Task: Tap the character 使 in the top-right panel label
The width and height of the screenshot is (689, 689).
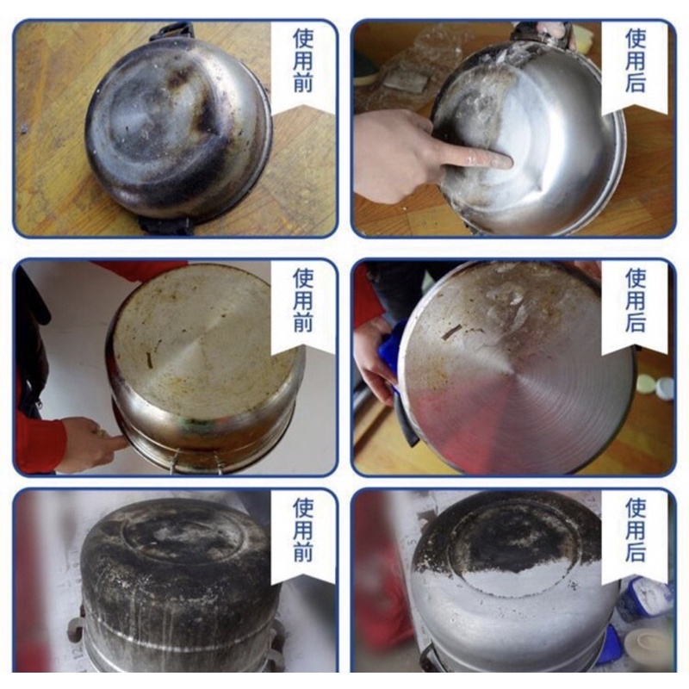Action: click(635, 39)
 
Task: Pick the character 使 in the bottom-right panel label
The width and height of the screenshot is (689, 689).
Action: click(635, 507)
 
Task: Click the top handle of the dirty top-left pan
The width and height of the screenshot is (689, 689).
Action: click(171, 32)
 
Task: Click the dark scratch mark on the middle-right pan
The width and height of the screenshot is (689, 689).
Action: click(451, 331)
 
